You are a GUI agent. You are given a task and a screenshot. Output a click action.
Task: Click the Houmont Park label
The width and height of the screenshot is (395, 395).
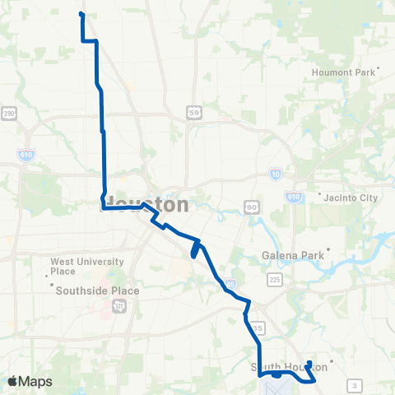(x=343, y=72)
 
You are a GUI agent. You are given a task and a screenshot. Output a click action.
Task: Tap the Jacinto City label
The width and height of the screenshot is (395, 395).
(x=349, y=197)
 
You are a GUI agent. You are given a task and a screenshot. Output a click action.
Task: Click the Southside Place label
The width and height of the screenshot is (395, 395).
(x=97, y=290)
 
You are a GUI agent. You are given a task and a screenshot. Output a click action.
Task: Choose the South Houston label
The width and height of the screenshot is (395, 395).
(x=284, y=366)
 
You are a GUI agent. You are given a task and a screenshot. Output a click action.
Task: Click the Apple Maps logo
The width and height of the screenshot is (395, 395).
(x=30, y=382)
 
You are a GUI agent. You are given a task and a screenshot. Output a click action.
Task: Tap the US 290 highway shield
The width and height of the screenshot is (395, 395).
(x=10, y=113)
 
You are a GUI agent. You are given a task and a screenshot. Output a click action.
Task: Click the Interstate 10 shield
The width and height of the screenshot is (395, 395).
(x=275, y=174)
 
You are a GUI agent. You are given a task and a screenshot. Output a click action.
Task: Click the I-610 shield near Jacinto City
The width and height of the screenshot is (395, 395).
(x=294, y=197)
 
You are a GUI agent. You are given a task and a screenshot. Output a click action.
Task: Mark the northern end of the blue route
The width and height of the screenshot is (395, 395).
(x=81, y=14)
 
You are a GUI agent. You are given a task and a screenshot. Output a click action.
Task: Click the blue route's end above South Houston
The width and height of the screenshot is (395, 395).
(x=309, y=362)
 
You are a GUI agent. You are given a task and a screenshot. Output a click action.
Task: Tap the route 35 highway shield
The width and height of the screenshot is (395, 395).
(x=258, y=328)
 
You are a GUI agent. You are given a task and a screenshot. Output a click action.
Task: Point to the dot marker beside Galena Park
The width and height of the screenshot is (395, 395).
(x=328, y=249)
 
